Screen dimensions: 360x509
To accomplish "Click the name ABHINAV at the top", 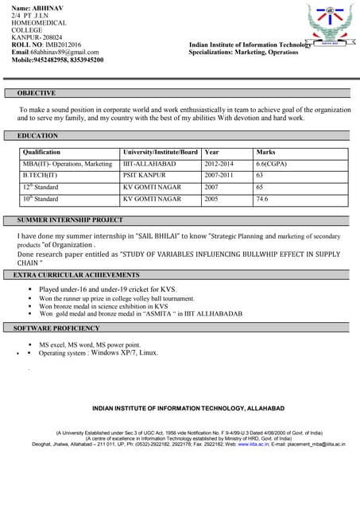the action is (x=45, y=6).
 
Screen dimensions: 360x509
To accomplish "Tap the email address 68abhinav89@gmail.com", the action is (x=64, y=52).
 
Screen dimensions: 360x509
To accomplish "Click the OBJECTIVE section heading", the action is (x=37, y=93).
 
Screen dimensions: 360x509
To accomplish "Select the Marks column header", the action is (x=266, y=152).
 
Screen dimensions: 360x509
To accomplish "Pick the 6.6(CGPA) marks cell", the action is (x=272, y=163).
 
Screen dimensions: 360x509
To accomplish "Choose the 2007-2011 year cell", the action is (x=220, y=175).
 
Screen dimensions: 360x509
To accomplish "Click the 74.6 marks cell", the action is (x=262, y=199).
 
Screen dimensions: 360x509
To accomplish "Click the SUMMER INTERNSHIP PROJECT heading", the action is (x=70, y=220).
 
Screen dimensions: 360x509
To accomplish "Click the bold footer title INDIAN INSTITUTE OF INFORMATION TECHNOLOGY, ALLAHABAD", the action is (x=188, y=408).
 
